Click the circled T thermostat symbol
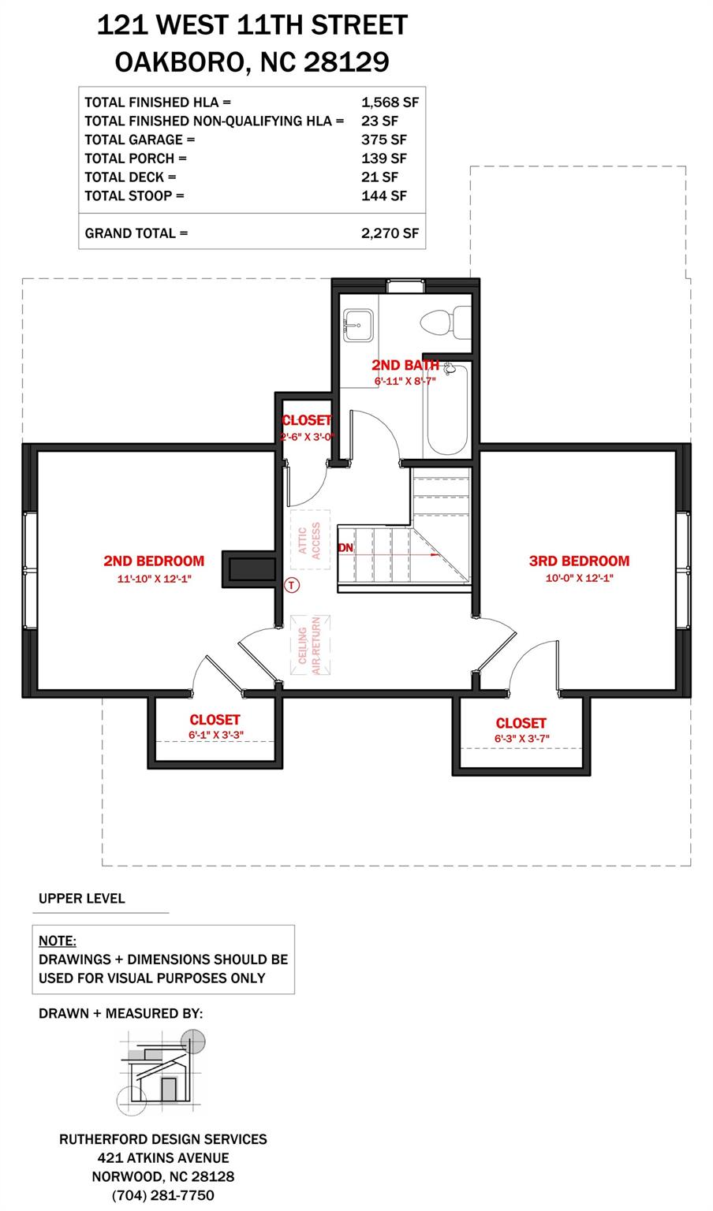pyautogui.click(x=293, y=585)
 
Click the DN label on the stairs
pyautogui.click(x=345, y=547)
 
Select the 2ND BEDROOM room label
pyautogui.click(x=154, y=561)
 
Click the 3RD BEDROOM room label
pyautogui.click(x=579, y=561)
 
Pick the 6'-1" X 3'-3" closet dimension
pyautogui.click(x=215, y=735)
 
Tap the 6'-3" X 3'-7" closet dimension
pyautogui.click(x=521, y=739)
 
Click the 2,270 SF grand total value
pyautogui.click(x=390, y=233)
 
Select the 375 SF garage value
pyautogui.click(x=384, y=140)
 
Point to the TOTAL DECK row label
pyautogui.click(x=130, y=177)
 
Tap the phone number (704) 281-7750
pyautogui.click(x=163, y=1195)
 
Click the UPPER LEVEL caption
pyautogui.click(x=82, y=899)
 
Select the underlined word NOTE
pyautogui.click(x=58, y=941)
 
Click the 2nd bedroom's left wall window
pyautogui.click(x=30, y=571)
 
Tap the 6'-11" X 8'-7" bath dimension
pyautogui.click(x=405, y=380)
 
